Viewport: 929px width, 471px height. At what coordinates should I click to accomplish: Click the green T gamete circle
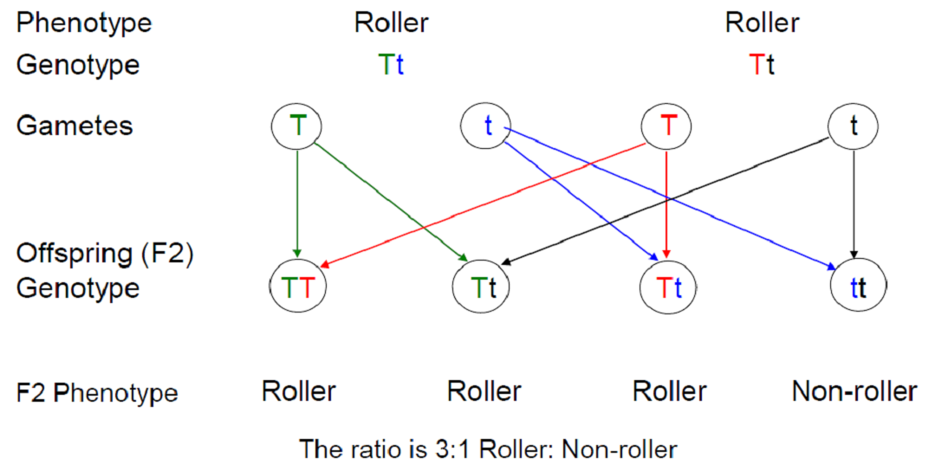[x=298, y=126]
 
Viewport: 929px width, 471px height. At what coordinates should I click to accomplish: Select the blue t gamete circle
[x=487, y=126]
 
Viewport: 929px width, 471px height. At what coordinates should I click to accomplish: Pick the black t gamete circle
[x=854, y=126]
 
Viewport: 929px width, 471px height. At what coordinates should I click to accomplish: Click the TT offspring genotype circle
[x=297, y=287]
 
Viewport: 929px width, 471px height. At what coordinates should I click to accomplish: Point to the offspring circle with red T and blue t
[x=666, y=287]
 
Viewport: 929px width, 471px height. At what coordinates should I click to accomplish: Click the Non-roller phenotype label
[x=854, y=391]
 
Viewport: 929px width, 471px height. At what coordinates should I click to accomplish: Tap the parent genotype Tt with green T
[x=391, y=65]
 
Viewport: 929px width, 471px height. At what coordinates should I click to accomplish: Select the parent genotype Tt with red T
[x=762, y=65]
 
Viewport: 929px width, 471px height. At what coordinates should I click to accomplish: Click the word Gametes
[x=75, y=126]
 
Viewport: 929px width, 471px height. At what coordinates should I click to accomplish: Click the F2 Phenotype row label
[x=96, y=393]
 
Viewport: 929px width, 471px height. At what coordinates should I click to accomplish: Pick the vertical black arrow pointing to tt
[x=854, y=203]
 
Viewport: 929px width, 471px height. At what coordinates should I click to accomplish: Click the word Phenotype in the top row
[x=84, y=23]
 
